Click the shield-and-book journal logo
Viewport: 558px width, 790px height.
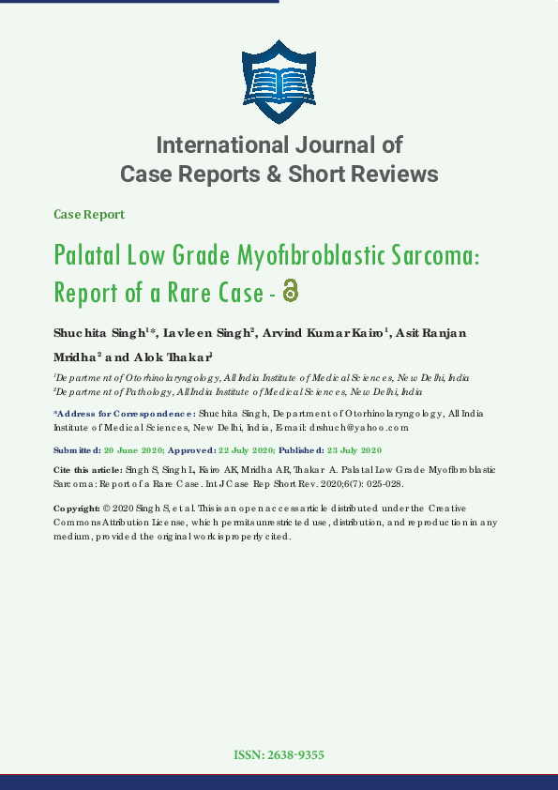coord(279,82)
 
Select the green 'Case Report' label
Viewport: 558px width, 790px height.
coord(89,214)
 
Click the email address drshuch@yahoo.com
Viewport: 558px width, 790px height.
coord(360,427)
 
